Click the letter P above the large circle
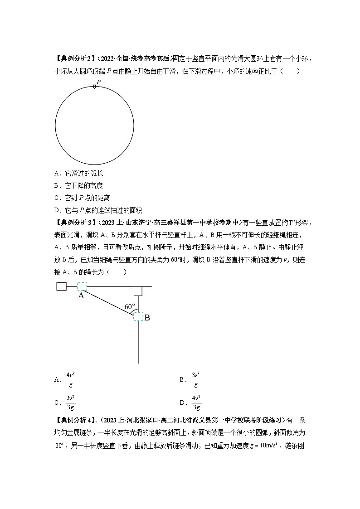[x=98, y=80]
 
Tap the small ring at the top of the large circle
[x=94, y=86]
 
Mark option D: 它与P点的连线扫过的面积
[x=97, y=210]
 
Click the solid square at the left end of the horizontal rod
[x=62, y=286]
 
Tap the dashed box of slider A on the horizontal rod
[x=82, y=286]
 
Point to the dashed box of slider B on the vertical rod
[x=138, y=317]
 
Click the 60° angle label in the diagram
[x=130, y=307]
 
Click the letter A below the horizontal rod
[x=81, y=296]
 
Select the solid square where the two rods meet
[x=138, y=291]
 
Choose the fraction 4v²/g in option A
[x=70, y=379]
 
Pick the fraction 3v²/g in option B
[x=196, y=379]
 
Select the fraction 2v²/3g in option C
[x=70, y=402]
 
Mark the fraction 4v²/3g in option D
[x=196, y=402]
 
